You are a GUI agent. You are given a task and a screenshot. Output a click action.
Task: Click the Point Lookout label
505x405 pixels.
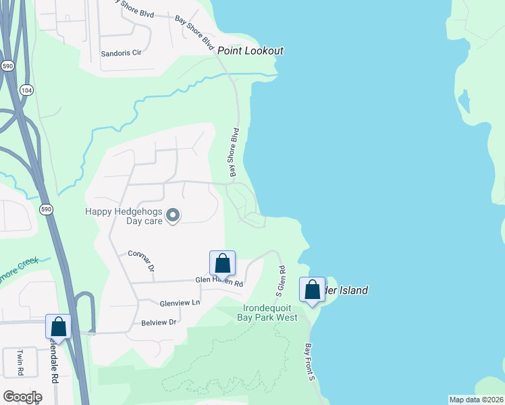coord(250,51)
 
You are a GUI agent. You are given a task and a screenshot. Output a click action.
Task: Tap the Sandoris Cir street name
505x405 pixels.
coord(120,53)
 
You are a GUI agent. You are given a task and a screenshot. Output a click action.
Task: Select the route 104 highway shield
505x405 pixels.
coord(26,90)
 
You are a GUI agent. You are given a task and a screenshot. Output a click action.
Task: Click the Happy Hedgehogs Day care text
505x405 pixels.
coord(124,216)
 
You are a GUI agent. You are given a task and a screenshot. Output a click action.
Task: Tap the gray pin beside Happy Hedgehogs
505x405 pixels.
coord(173,216)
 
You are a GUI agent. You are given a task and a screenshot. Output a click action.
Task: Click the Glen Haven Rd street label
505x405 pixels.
coord(219,280)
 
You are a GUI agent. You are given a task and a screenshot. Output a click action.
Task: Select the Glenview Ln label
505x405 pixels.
coord(180,303)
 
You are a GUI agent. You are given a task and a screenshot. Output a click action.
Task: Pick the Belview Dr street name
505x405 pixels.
coord(159,323)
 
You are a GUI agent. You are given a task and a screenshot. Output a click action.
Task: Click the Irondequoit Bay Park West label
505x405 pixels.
coord(269,313)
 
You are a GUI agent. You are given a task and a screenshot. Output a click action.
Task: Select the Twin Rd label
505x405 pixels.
coord(20,362)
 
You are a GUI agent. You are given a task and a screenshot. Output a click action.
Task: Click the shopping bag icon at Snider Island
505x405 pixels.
coord(313,290)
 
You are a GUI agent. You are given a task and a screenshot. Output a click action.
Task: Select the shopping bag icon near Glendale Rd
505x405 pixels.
coord(59,326)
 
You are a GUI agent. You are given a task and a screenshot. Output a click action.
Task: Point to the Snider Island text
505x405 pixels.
coord(346,290)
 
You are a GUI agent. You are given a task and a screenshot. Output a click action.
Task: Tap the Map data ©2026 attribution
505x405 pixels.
coord(475,400)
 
